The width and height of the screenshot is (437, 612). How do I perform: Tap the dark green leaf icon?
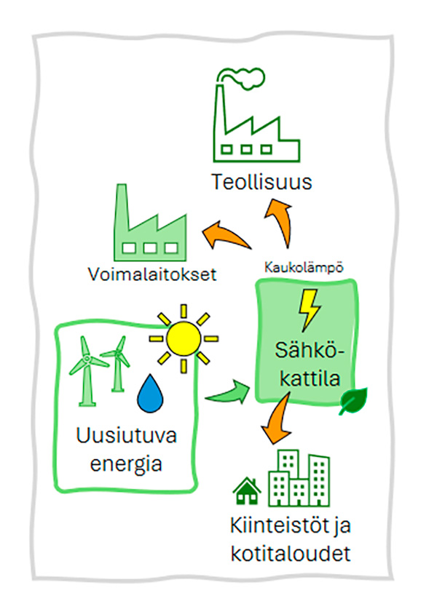[x=353, y=402]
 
